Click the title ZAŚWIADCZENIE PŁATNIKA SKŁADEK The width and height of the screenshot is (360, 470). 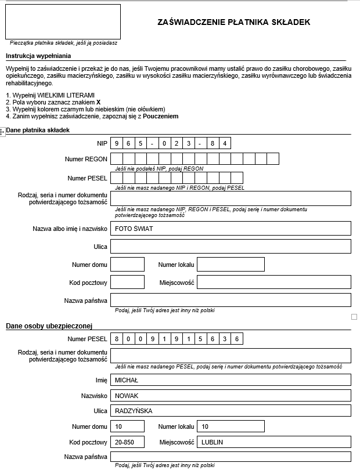click(234, 22)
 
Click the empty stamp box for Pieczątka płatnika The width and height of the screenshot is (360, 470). click(63, 21)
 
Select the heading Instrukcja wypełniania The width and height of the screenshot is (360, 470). click(38, 56)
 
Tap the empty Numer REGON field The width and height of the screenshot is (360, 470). click(195, 159)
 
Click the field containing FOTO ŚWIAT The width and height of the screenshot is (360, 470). click(231, 229)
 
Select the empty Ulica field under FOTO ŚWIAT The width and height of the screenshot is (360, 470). click(231, 247)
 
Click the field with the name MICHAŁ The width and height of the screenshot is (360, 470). click(231, 380)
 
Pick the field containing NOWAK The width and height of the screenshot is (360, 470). click(231, 396)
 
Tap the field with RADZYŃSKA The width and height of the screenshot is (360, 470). click(231, 411)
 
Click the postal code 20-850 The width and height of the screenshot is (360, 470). click(127, 442)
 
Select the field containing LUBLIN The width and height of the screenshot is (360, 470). click(273, 442)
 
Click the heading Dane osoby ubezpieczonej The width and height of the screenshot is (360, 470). click(50, 326)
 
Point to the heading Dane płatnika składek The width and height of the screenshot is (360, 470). click(38, 130)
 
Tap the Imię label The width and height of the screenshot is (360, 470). click(101, 380)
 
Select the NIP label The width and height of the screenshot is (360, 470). click(102, 143)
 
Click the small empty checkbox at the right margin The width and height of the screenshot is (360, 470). click(354, 317)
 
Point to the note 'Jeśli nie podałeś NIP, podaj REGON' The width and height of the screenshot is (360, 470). click(159, 169)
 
